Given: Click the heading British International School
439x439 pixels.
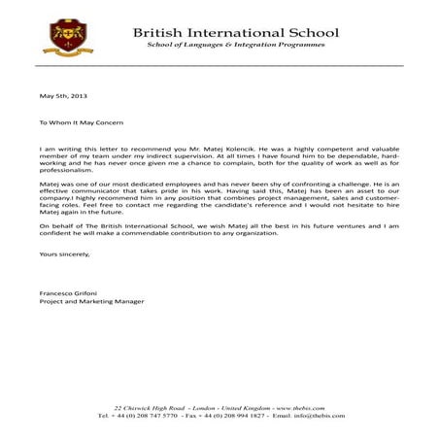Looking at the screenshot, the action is [x=235, y=32].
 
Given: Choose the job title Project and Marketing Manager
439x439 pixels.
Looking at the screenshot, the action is [x=91, y=301].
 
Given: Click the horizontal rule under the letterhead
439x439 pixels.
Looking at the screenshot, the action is [x=219, y=64].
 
